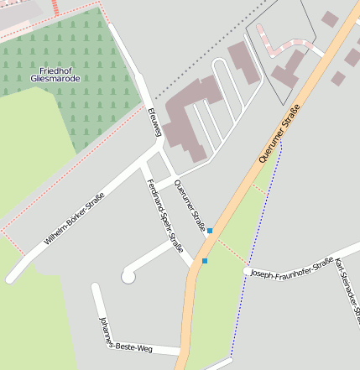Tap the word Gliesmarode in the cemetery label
[56, 78]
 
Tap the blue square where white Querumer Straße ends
[210, 230]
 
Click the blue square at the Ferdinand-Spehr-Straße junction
[204, 261]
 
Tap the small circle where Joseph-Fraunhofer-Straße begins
[247, 271]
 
